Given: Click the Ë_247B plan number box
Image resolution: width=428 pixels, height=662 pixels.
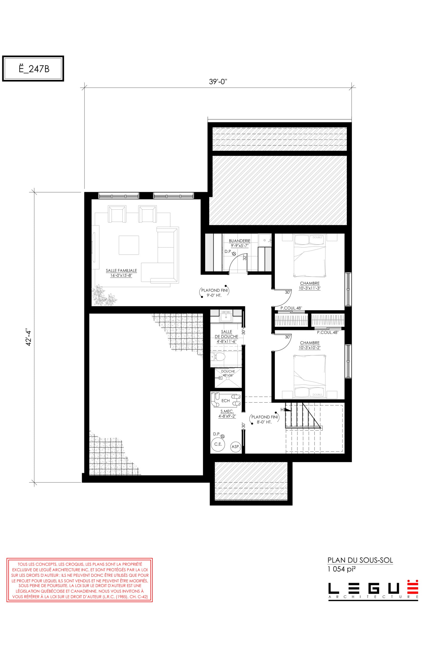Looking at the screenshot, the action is [33, 68].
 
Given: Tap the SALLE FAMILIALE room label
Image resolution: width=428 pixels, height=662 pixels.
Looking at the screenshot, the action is [121, 273].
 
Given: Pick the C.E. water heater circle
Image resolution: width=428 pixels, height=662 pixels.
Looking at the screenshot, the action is [218, 444].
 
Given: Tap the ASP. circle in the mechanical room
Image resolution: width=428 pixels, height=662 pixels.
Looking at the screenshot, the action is [235, 447].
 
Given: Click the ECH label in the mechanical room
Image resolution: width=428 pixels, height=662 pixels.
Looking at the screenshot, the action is [225, 401].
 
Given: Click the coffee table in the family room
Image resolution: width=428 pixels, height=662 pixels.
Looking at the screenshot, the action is [129, 245].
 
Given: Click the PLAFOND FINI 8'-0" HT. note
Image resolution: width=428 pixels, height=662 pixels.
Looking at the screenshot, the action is [264, 419].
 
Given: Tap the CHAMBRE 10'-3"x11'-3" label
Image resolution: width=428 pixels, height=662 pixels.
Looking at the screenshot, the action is [310, 286].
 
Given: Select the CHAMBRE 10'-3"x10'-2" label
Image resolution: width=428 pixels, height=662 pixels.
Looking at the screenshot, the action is [310, 345].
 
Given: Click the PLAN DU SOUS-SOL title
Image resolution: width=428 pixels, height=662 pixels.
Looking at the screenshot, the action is [360, 560].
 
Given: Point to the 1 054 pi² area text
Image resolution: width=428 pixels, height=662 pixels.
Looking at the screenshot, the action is [342, 569].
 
